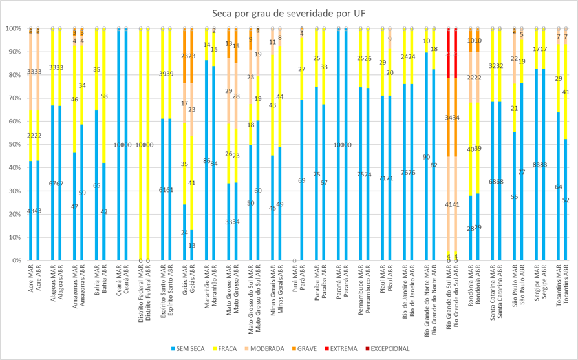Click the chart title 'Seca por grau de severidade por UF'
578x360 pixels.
coord(289,13)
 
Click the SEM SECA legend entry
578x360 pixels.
coord(188,349)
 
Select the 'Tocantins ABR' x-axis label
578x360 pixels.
coord(566,288)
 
